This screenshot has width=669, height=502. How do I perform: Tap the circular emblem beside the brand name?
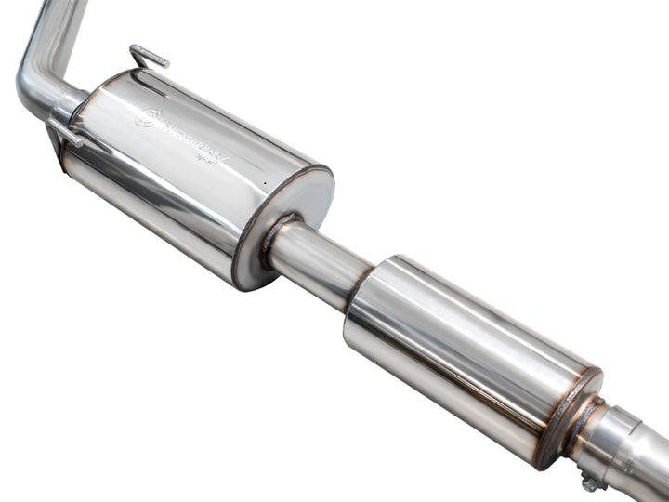click(x=146, y=116)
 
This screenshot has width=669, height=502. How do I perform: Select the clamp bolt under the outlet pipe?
click(x=589, y=482)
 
